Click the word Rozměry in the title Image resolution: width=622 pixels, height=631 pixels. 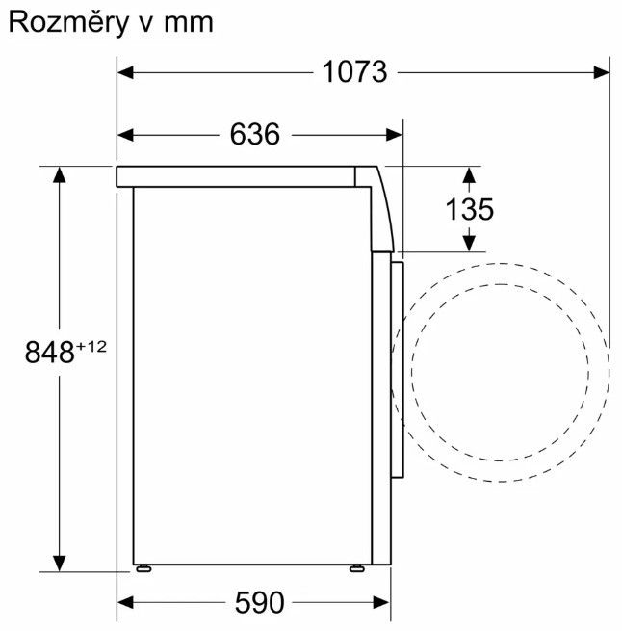pyautogui.click(x=68, y=23)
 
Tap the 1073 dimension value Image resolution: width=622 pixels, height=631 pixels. pyautogui.click(x=355, y=72)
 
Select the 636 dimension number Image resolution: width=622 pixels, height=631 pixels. pyautogui.click(x=255, y=134)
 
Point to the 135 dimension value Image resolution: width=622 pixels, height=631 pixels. pyautogui.click(x=470, y=209)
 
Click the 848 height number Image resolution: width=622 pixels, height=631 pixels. pyautogui.click(x=49, y=353)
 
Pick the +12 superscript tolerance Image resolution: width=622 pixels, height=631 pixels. pyautogui.click(x=91, y=346)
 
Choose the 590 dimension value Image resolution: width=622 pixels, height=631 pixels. pyautogui.click(x=260, y=602)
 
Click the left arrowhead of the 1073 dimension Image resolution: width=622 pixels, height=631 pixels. pyautogui.click(x=125, y=73)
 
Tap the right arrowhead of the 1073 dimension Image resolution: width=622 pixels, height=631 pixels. pyautogui.click(x=602, y=73)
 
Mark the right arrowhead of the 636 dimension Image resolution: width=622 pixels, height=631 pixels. pyautogui.click(x=394, y=135)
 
